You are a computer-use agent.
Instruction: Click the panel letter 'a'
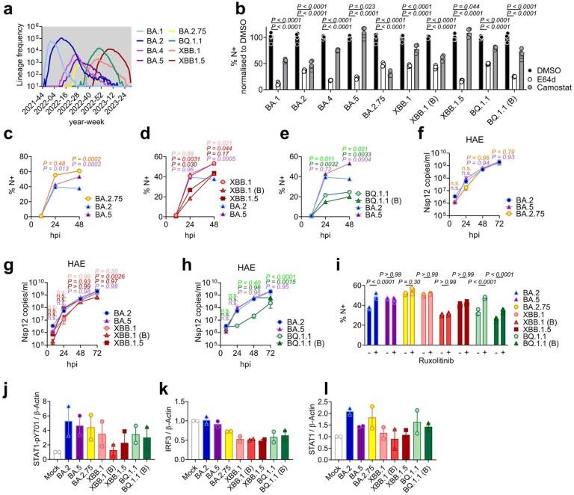(6, 7)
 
